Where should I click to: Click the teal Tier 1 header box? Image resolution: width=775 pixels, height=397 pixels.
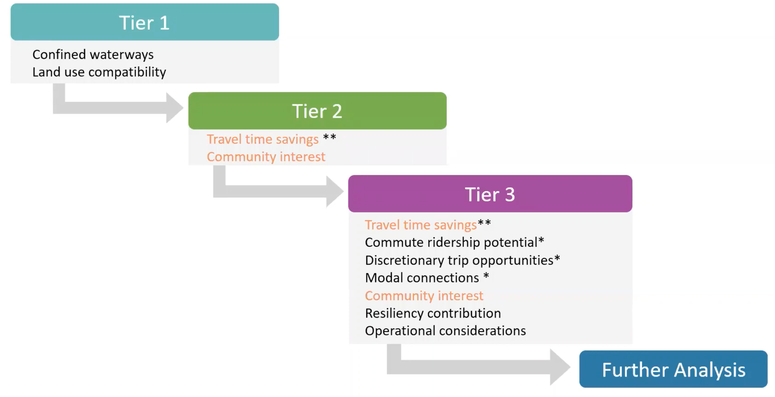145,22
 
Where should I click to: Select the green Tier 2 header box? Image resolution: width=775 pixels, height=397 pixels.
317,111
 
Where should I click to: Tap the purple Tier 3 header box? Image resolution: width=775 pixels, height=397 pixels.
490,194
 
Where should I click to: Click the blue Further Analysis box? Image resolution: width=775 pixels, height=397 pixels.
673,370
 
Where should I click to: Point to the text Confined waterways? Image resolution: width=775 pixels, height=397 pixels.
93,55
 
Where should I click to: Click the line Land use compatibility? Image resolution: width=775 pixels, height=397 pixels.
99,72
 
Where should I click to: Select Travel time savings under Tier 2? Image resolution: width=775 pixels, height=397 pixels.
262,139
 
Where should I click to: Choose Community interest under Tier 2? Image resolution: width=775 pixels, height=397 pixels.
266,157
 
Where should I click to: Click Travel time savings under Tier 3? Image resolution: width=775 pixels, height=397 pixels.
420,225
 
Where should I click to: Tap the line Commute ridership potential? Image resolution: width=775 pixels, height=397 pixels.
451,242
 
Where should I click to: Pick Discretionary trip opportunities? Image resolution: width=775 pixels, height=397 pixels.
459,260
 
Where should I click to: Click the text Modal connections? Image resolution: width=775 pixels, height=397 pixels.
422,278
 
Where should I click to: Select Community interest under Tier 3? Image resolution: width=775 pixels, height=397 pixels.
424,296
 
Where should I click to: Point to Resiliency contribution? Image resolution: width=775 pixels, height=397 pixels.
433,313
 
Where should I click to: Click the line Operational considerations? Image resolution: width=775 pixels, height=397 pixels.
445,331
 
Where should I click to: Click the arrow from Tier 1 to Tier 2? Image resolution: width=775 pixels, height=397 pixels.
120,107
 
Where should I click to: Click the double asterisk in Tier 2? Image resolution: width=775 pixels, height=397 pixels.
329,137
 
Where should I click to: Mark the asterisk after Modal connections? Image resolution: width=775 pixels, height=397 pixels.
486,276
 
